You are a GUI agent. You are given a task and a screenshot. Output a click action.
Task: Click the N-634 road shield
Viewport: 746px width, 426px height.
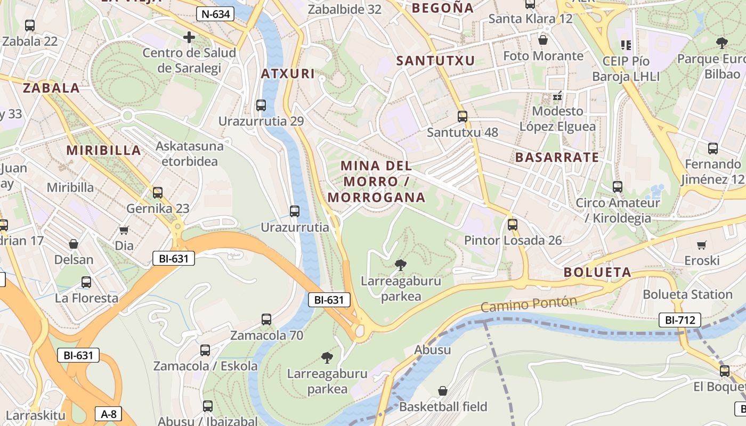(x=215, y=14)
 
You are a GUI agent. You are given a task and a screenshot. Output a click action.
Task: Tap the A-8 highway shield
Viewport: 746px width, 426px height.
(x=108, y=414)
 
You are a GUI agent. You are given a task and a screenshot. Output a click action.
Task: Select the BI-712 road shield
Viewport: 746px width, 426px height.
(x=679, y=320)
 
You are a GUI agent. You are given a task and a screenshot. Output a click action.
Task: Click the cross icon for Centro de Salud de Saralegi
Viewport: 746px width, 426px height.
(x=189, y=37)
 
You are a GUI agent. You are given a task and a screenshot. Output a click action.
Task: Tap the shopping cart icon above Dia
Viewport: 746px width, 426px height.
(x=124, y=230)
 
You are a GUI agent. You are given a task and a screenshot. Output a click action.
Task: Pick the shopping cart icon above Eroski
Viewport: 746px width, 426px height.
(x=702, y=245)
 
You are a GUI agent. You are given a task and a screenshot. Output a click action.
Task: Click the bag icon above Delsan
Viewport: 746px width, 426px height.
(x=74, y=244)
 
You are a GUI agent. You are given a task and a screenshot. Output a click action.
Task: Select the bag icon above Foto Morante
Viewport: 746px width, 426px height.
(x=543, y=40)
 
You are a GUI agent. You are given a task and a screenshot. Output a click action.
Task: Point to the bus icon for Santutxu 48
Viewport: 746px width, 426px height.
(x=463, y=116)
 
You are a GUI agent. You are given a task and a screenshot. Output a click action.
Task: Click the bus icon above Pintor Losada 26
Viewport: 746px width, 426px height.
(x=513, y=225)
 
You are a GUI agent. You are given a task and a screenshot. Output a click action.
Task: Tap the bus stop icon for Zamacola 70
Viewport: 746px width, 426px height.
(x=266, y=319)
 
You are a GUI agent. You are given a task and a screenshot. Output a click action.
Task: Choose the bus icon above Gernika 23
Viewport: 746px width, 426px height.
(x=158, y=193)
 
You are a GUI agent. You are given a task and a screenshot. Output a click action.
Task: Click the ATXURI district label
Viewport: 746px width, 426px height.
(x=288, y=73)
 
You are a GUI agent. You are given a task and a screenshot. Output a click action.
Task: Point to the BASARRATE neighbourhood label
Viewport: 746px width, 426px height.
(x=557, y=157)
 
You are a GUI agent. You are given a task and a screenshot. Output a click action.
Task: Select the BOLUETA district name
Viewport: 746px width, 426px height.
(x=597, y=272)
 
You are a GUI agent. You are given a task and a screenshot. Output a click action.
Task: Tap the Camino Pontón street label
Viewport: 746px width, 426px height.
(x=529, y=304)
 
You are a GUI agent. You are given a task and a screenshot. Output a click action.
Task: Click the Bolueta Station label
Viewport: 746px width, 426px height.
(x=687, y=294)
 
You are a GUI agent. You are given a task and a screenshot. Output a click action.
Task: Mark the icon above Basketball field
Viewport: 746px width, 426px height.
(x=443, y=391)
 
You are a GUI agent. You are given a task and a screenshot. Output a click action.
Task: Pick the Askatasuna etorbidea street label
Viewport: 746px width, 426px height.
(x=190, y=153)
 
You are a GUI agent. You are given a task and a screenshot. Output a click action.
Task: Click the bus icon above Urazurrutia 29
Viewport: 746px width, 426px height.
(x=261, y=105)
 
